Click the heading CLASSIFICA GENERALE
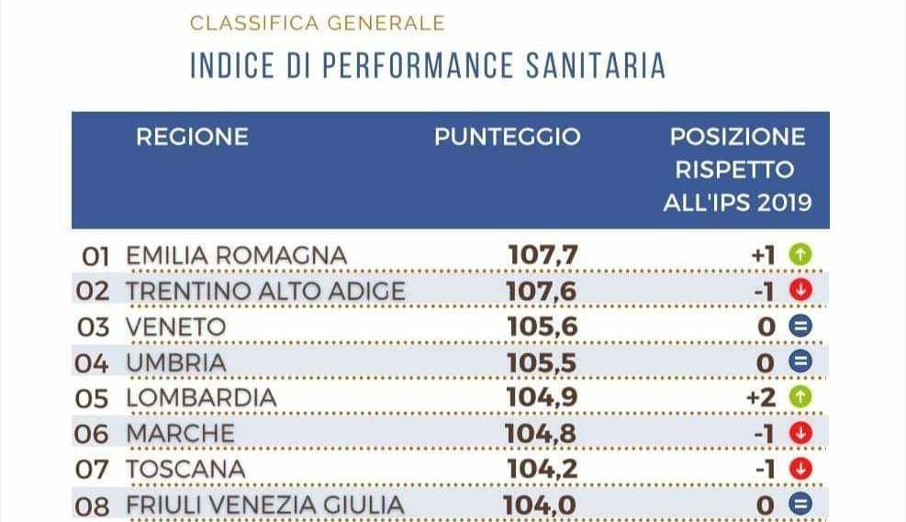(317, 23)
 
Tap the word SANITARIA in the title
(596, 66)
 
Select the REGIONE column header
(192, 137)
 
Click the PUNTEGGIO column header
(507, 137)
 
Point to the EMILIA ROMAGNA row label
(236, 255)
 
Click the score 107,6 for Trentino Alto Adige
(542, 291)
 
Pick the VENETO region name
(175, 327)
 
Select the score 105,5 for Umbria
(542, 362)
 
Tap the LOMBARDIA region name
(201, 397)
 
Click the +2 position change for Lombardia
(763, 397)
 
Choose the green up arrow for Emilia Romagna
(801, 255)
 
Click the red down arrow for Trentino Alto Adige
(801, 291)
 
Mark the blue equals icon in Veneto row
(801, 327)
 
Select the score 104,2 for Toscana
(542, 469)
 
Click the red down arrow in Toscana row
(801, 469)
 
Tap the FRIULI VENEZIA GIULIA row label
(264, 505)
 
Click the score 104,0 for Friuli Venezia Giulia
(541, 505)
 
